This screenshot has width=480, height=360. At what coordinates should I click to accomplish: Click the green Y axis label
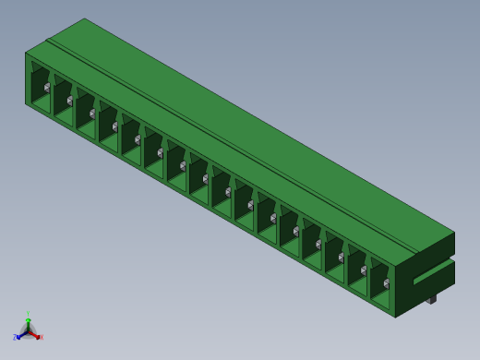pos(28,315)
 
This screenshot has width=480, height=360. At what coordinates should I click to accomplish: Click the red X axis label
pos(42,338)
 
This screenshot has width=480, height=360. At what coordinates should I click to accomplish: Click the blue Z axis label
pos(15,338)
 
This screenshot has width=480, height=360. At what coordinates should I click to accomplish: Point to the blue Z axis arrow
pos(20,335)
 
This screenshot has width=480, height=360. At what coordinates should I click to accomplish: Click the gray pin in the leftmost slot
pos(47,88)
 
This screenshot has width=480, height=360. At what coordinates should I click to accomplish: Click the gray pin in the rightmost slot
pos(386,283)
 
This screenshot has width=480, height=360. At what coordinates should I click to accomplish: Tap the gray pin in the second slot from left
pos(69,101)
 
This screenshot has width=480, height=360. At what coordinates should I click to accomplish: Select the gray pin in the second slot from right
pos(364,270)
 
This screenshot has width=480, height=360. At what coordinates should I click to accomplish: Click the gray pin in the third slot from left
pos(92,114)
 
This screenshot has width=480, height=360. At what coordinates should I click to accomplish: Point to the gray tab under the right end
pos(430,299)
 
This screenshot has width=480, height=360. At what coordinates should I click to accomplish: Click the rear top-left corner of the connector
pos(84,18)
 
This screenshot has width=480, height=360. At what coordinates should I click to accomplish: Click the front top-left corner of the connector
pos(26,53)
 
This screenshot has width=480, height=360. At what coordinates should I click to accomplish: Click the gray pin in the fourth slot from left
pos(114,126)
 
